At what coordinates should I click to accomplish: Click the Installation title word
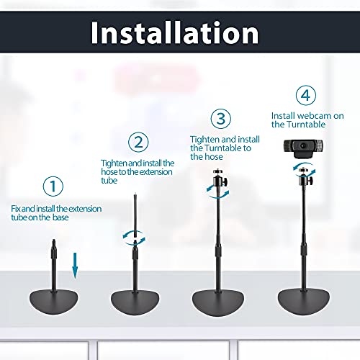pyautogui.click(x=175, y=32)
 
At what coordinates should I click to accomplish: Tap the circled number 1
pyautogui.click(x=53, y=186)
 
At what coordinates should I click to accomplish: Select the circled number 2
pyautogui.click(x=138, y=142)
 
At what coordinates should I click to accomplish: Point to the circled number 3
pyautogui.click(x=221, y=119)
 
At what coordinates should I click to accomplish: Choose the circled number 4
pyautogui.click(x=306, y=95)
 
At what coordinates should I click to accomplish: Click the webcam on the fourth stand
pyautogui.click(x=303, y=148)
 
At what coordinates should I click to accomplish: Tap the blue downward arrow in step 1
pyautogui.click(x=75, y=266)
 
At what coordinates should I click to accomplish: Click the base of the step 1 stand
pyautogui.click(x=54, y=302)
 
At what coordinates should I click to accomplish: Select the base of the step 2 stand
pyautogui.click(x=135, y=302)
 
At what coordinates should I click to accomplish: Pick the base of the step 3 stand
pyautogui.click(x=218, y=303)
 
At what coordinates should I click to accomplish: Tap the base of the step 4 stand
pyautogui.click(x=304, y=302)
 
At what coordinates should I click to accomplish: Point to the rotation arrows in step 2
pyautogui.click(x=134, y=238)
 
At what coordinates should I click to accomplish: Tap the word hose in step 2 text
pyautogui.click(x=109, y=172)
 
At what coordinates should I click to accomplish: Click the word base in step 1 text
pyautogui.click(x=60, y=217)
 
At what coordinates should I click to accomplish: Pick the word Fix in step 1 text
pyautogui.click(x=16, y=209)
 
